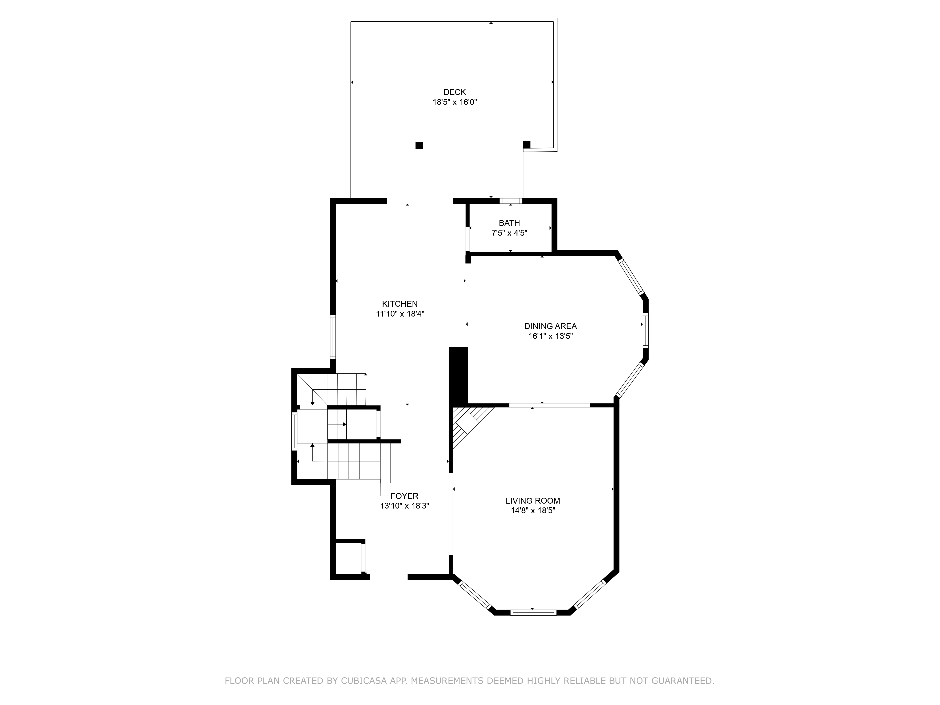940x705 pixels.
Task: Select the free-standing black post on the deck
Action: tap(419, 145)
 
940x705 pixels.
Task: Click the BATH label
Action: tap(509, 223)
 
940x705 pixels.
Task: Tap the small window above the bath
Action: tap(510, 201)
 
